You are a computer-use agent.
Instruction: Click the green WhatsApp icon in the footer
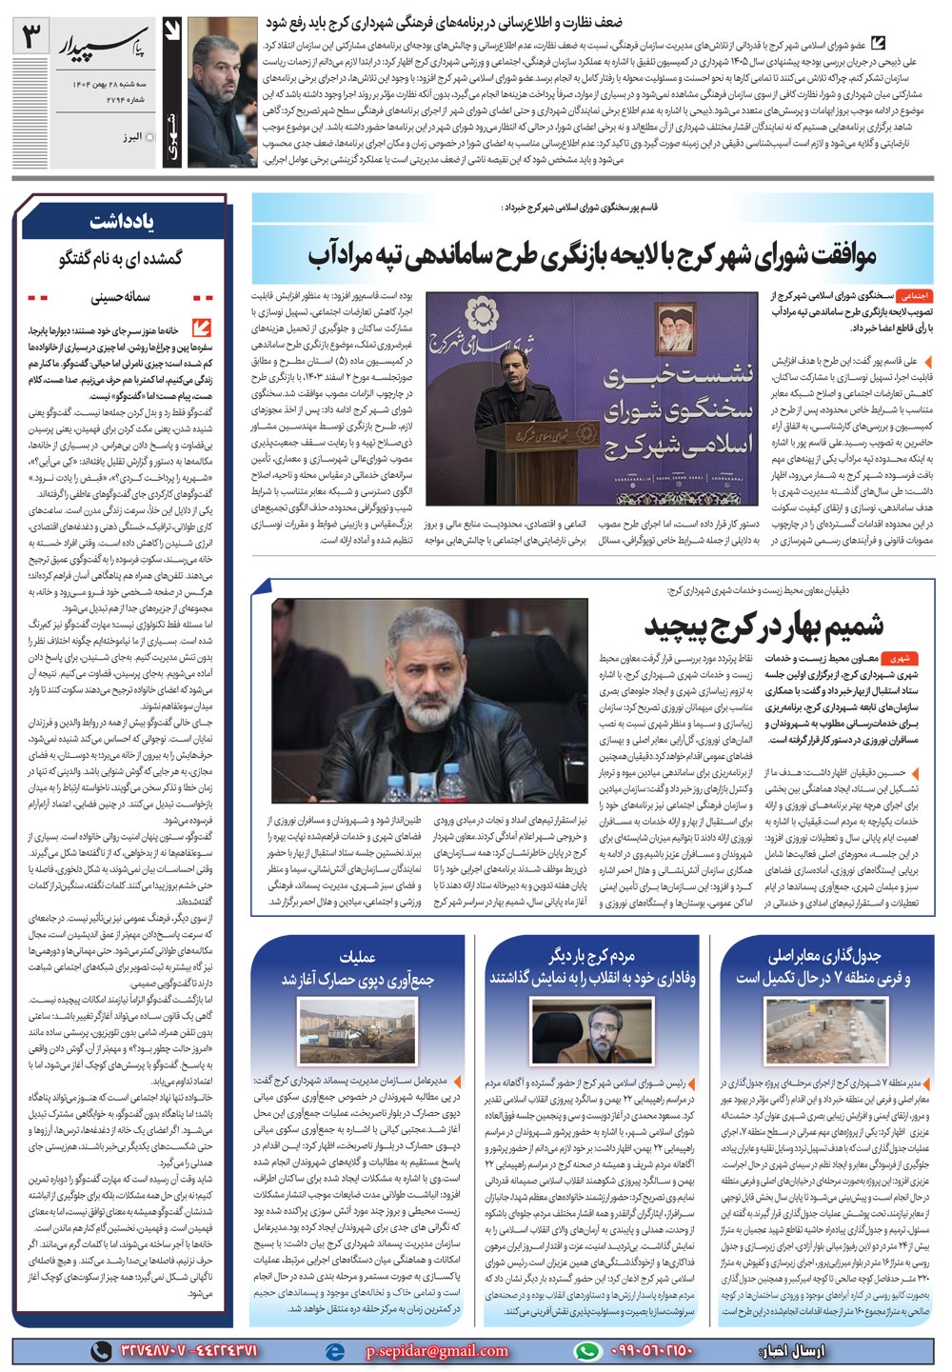point(590,1350)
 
